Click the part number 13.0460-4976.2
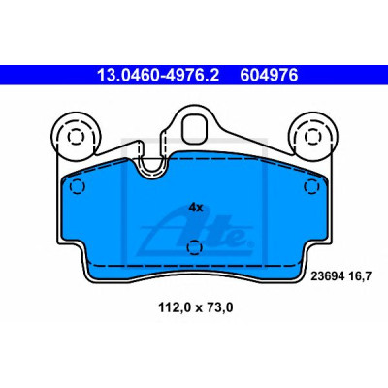[158, 76]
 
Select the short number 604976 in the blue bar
[269, 76]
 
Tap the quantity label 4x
[196, 208]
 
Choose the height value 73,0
[218, 307]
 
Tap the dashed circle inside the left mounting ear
[77, 137]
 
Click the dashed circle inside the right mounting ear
[313, 137]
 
